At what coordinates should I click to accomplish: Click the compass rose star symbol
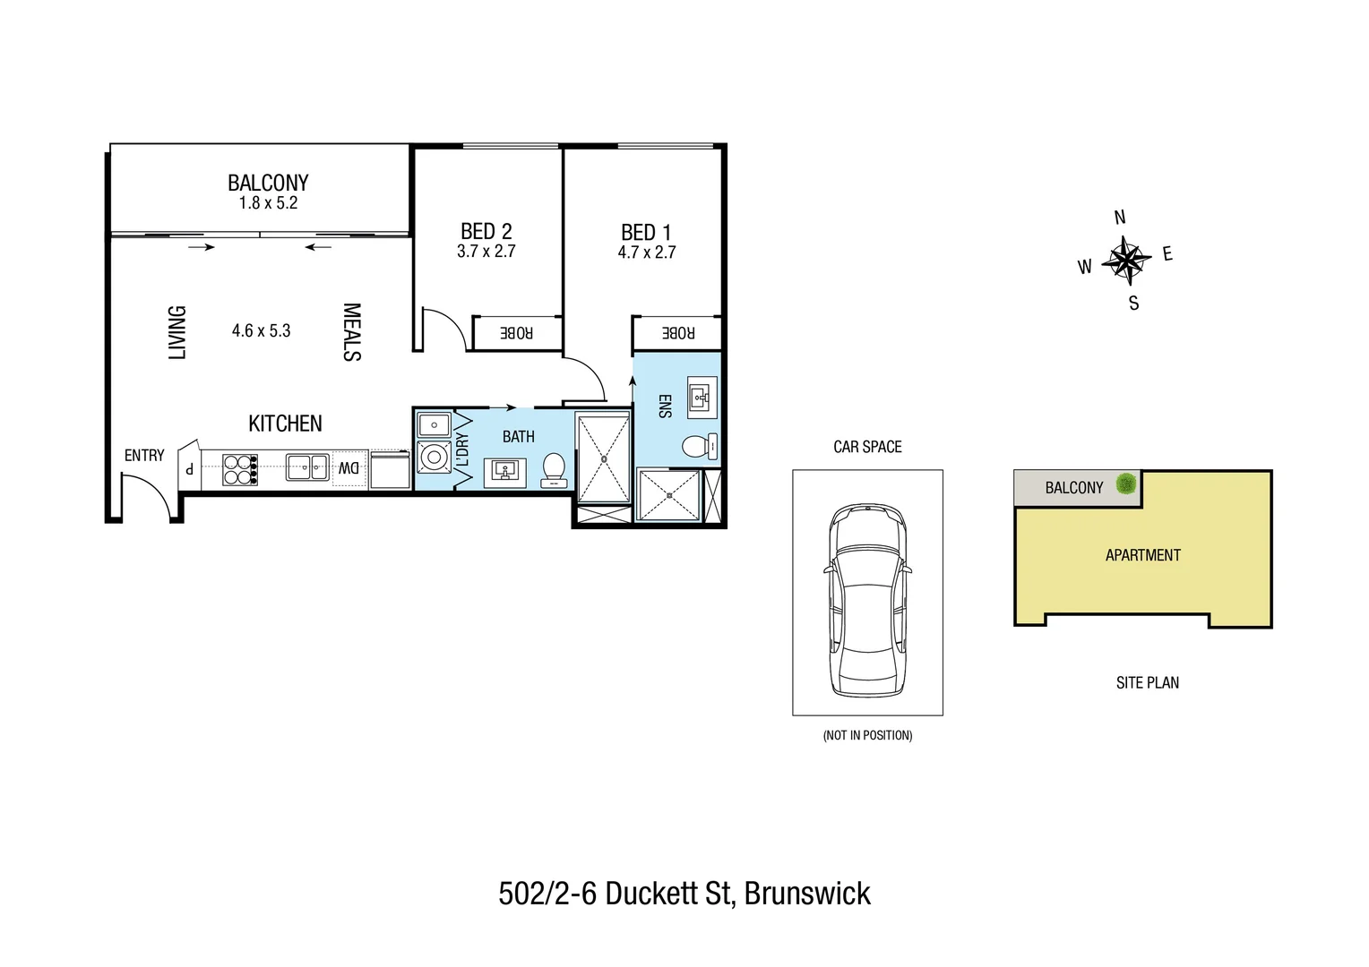(1125, 261)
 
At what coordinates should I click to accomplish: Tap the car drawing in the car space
(867, 599)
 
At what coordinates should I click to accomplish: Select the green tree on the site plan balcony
(1126, 484)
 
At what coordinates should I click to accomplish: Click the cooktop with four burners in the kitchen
(239, 470)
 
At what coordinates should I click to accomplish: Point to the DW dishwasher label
(349, 468)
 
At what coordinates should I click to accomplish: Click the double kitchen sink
(307, 467)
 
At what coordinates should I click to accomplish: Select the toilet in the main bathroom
(554, 470)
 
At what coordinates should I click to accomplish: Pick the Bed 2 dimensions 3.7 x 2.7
(486, 252)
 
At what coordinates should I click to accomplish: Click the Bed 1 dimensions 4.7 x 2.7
(646, 252)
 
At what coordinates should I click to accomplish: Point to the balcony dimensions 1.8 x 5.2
(268, 203)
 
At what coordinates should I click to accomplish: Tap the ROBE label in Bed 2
(516, 333)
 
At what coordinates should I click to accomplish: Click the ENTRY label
(144, 456)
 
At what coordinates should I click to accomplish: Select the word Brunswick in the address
(807, 894)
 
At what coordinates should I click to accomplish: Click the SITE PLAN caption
(1147, 683)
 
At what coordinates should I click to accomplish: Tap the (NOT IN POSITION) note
(867, 735)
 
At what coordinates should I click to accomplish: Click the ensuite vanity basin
(702, 397)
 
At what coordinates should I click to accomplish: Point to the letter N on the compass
(1119, 218)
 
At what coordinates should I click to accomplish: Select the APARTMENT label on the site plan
(1142, 555)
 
